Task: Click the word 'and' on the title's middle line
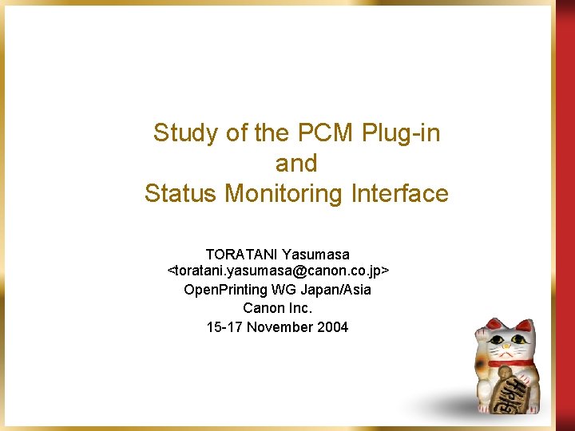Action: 296,164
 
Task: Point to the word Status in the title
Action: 182,194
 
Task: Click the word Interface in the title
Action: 406,194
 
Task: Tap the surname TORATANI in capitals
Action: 240,255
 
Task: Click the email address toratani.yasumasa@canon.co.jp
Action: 278,271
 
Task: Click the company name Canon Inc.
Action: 278,308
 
